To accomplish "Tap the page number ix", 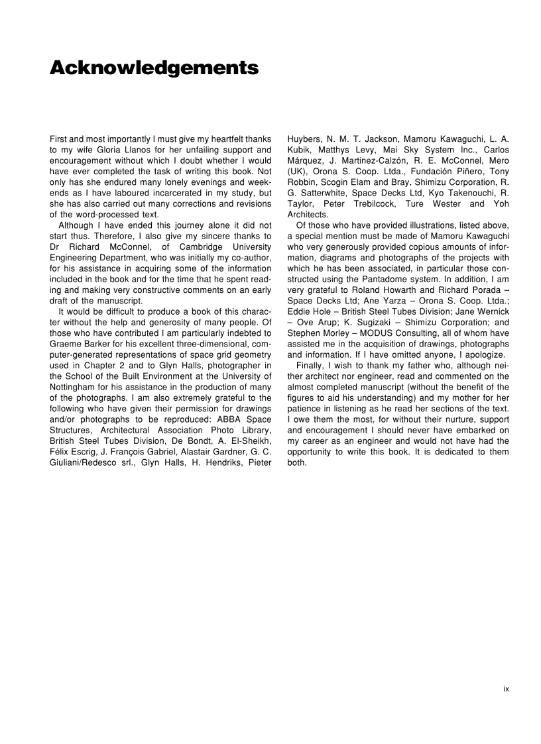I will tap(506, 689).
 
